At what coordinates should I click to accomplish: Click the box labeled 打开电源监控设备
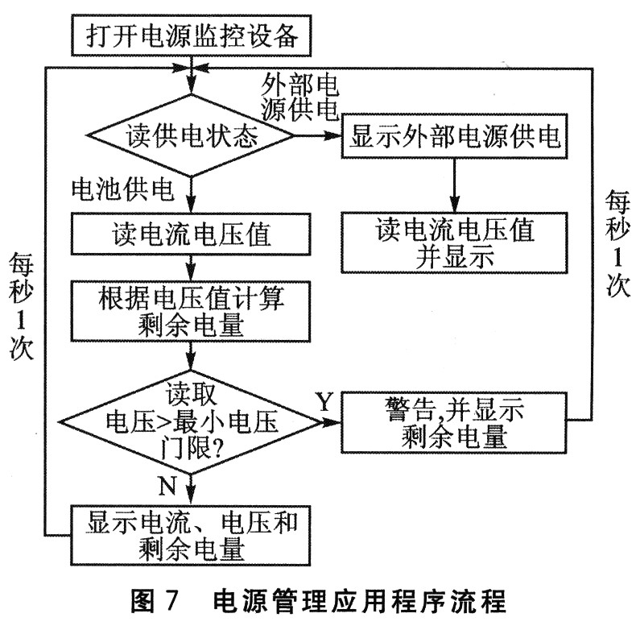[191, 36]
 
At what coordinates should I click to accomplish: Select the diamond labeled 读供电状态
[192, 136]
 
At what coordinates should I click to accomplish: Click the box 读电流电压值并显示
[455, 242]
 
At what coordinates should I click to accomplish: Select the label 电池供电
[121, 189]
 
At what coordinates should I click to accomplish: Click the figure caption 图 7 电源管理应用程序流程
[320, 601]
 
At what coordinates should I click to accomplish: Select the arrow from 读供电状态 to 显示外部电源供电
[318, 136]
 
